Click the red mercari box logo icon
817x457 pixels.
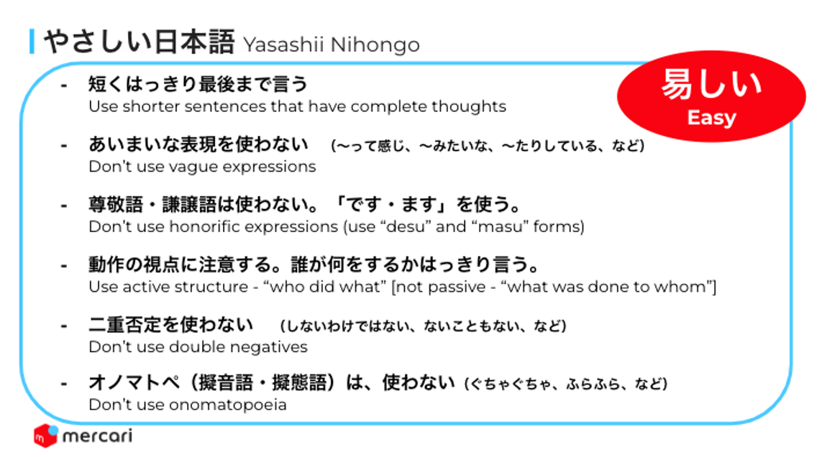(46, 435)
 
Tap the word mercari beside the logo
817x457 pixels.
(97, 436)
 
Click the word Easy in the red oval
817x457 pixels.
(711, 118)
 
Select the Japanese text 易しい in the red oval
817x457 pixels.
(711, 84)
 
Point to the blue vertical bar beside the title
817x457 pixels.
(32, 42)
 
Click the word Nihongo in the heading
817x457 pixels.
(375, 45)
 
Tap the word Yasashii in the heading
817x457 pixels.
(283, 45)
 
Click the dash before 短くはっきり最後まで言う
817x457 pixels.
(64, 85)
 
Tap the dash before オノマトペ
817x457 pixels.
(64, 384)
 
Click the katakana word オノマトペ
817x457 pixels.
(133, 382)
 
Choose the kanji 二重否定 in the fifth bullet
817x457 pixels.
(125, 325)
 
